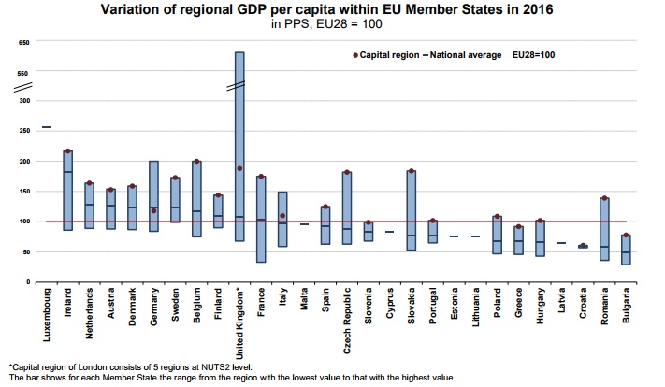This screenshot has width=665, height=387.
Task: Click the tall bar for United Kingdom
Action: coord(239,140)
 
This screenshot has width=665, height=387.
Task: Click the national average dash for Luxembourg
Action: coord(46,127)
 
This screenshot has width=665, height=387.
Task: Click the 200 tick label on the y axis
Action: coord(23,161)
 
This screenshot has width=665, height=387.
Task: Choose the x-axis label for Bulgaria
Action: coord(627,308)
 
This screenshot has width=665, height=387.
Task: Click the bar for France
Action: coord(261,220)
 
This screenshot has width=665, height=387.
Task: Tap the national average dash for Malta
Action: coord(304,224)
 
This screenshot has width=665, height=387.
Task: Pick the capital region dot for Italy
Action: coord(282,216)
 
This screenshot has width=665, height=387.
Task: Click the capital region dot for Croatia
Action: coord(583,246)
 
